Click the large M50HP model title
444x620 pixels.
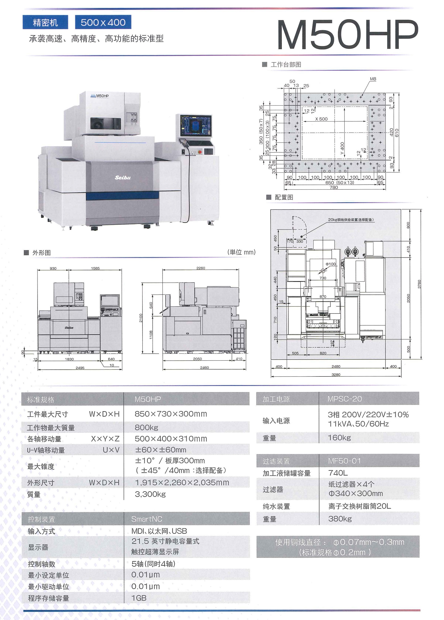pos(347,35)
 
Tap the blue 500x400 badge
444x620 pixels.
pos(103,22)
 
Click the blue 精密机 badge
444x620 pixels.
pos(45,23)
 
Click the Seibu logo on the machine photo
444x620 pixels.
pos(123,178)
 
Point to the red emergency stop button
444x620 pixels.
pos(199,151)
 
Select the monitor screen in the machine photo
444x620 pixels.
pos(195,126)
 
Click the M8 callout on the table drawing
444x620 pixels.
pos(373,79)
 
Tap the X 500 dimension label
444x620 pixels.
pos(321,119)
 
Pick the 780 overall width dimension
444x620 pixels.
pos(334,187)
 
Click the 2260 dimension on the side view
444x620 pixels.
pos(201,268)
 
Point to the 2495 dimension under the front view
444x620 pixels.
pos(80,368)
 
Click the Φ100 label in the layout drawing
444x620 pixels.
pos(330,264)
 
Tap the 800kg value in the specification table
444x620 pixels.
pos(146,428)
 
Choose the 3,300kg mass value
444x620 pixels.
pos(150,494)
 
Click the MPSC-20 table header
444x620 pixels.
pos(345,399)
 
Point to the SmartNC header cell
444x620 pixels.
pos(147,519)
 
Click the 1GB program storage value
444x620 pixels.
pos(139,598)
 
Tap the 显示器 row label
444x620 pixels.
pos(38,547)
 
